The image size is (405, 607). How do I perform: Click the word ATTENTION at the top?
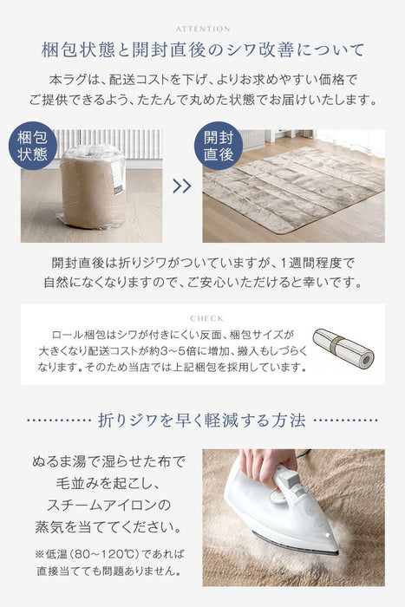(202, 29)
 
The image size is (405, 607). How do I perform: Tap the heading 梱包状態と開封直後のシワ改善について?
(202, 50)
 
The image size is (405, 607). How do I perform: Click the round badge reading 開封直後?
(219, 146)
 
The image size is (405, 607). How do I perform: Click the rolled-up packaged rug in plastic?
(92, 186)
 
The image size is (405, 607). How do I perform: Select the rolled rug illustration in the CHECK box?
(343, 348)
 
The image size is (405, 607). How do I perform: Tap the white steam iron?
(278, 512)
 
